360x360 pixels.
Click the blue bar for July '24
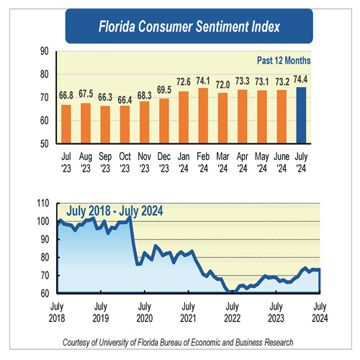[x=302, y=115]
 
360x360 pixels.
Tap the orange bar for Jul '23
[x=67, y=124]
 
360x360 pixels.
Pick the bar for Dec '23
[x=164, y=120]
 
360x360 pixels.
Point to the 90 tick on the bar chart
[x=45, y=51]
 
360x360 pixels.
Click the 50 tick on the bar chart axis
[x=45, y=143]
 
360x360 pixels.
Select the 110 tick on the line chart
[x=43, y=204]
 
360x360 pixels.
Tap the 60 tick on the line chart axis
[x=45, y=294]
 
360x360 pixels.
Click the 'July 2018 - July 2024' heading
[x=115, y=211]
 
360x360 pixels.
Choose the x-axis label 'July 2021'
[x=187, y=311]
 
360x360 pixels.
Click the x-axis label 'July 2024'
[x=319, y=311]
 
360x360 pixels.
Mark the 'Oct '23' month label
[x=125, y=161]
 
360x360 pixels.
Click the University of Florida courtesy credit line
[x=180, y=341]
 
